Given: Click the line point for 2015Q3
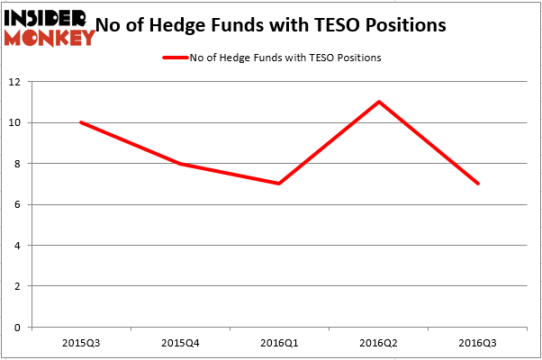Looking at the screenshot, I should tap(81, 122).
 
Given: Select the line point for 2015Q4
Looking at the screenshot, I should tap(180, 164).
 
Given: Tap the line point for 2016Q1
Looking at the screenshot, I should tap(280, 184).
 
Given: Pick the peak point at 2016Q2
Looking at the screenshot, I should tap(379, 102).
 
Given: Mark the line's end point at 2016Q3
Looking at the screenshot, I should tap(478, 184).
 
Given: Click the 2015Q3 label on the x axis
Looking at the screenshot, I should tap(81, 343).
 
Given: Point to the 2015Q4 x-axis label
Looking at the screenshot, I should tap(180, 343).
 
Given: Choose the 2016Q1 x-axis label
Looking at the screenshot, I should tap(280, 343).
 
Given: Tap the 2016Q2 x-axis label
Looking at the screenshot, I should tap(379, 343).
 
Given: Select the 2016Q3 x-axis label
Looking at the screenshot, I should tap(478, 343).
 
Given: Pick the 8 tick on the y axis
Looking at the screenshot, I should tap(18, 164).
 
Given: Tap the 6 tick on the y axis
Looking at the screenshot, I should tap(18, 204).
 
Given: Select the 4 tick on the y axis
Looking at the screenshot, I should tap(18, 246).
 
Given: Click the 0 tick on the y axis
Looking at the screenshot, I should tap(18, 328).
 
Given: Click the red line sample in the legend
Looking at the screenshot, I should tap(174, 58).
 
